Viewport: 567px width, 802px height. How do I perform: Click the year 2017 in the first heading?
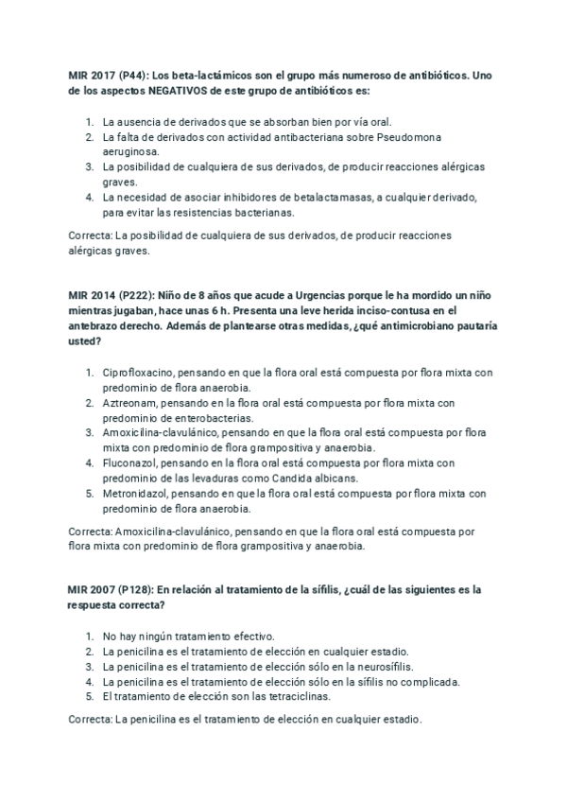coord(106,76)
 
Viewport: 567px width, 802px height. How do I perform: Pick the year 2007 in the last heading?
coord(106,589)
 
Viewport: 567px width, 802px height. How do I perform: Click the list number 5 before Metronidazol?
coord(89,493)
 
